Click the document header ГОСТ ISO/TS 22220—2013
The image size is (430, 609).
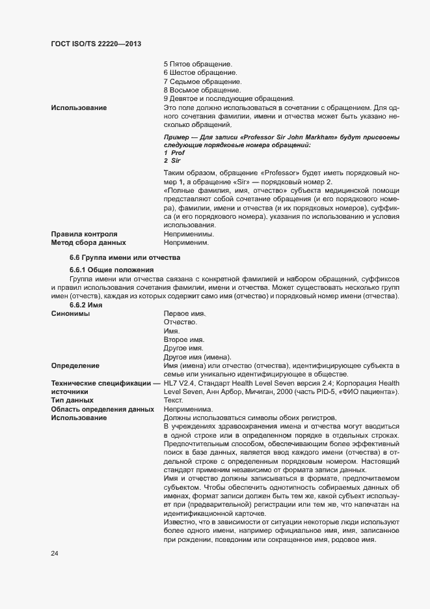tap(96, 44)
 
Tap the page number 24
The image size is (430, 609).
tap(55, 554)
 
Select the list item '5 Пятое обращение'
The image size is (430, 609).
tap(198, 64)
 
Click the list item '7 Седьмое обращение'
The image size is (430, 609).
tap(202, 81)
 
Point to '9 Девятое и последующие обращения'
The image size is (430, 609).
tap(229, 98)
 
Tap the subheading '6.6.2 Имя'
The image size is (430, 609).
tap(85, 305)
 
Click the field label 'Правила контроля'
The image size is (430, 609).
tap(84, 233)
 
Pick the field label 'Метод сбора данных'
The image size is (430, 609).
tap(88, 242)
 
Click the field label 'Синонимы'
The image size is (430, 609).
tap(70, 314)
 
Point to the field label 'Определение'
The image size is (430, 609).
tap(75, 365)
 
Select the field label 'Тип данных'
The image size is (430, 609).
tap(72, 400)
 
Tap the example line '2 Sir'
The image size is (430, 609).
tap(171, 160)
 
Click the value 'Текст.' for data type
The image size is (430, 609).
tap(174, 400)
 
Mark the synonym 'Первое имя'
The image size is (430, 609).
tap(184, 314)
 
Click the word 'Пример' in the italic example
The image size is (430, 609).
tap(178, 137)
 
